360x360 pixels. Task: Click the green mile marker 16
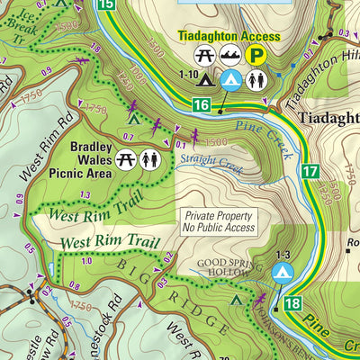tap(202, 107)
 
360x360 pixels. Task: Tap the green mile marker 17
tap(310, 170)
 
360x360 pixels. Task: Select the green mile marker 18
tap(292, 304)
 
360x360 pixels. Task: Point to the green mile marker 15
tap(107, 5)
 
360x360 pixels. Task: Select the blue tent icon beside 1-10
tap(231, 81)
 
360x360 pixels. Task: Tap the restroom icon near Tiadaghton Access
tap(257, 81)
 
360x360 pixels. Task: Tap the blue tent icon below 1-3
tap(283, 272)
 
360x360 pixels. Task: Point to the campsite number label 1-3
tap(283, 255)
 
